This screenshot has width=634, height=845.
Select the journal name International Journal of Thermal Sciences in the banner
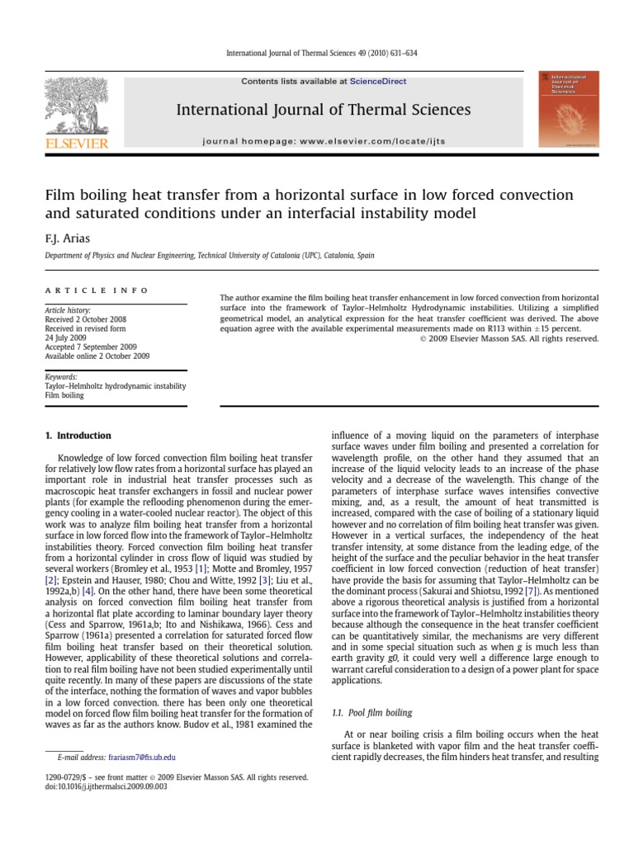[x=324, y=110]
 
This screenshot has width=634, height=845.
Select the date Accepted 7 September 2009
[x=91, y=347]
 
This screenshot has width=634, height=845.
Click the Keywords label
[x=61, y=375]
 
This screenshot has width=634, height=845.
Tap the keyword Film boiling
[x=64, y=395]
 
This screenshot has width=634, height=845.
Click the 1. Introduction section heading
[x=78, y=435]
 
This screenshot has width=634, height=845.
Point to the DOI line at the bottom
[x=103, y=787]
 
